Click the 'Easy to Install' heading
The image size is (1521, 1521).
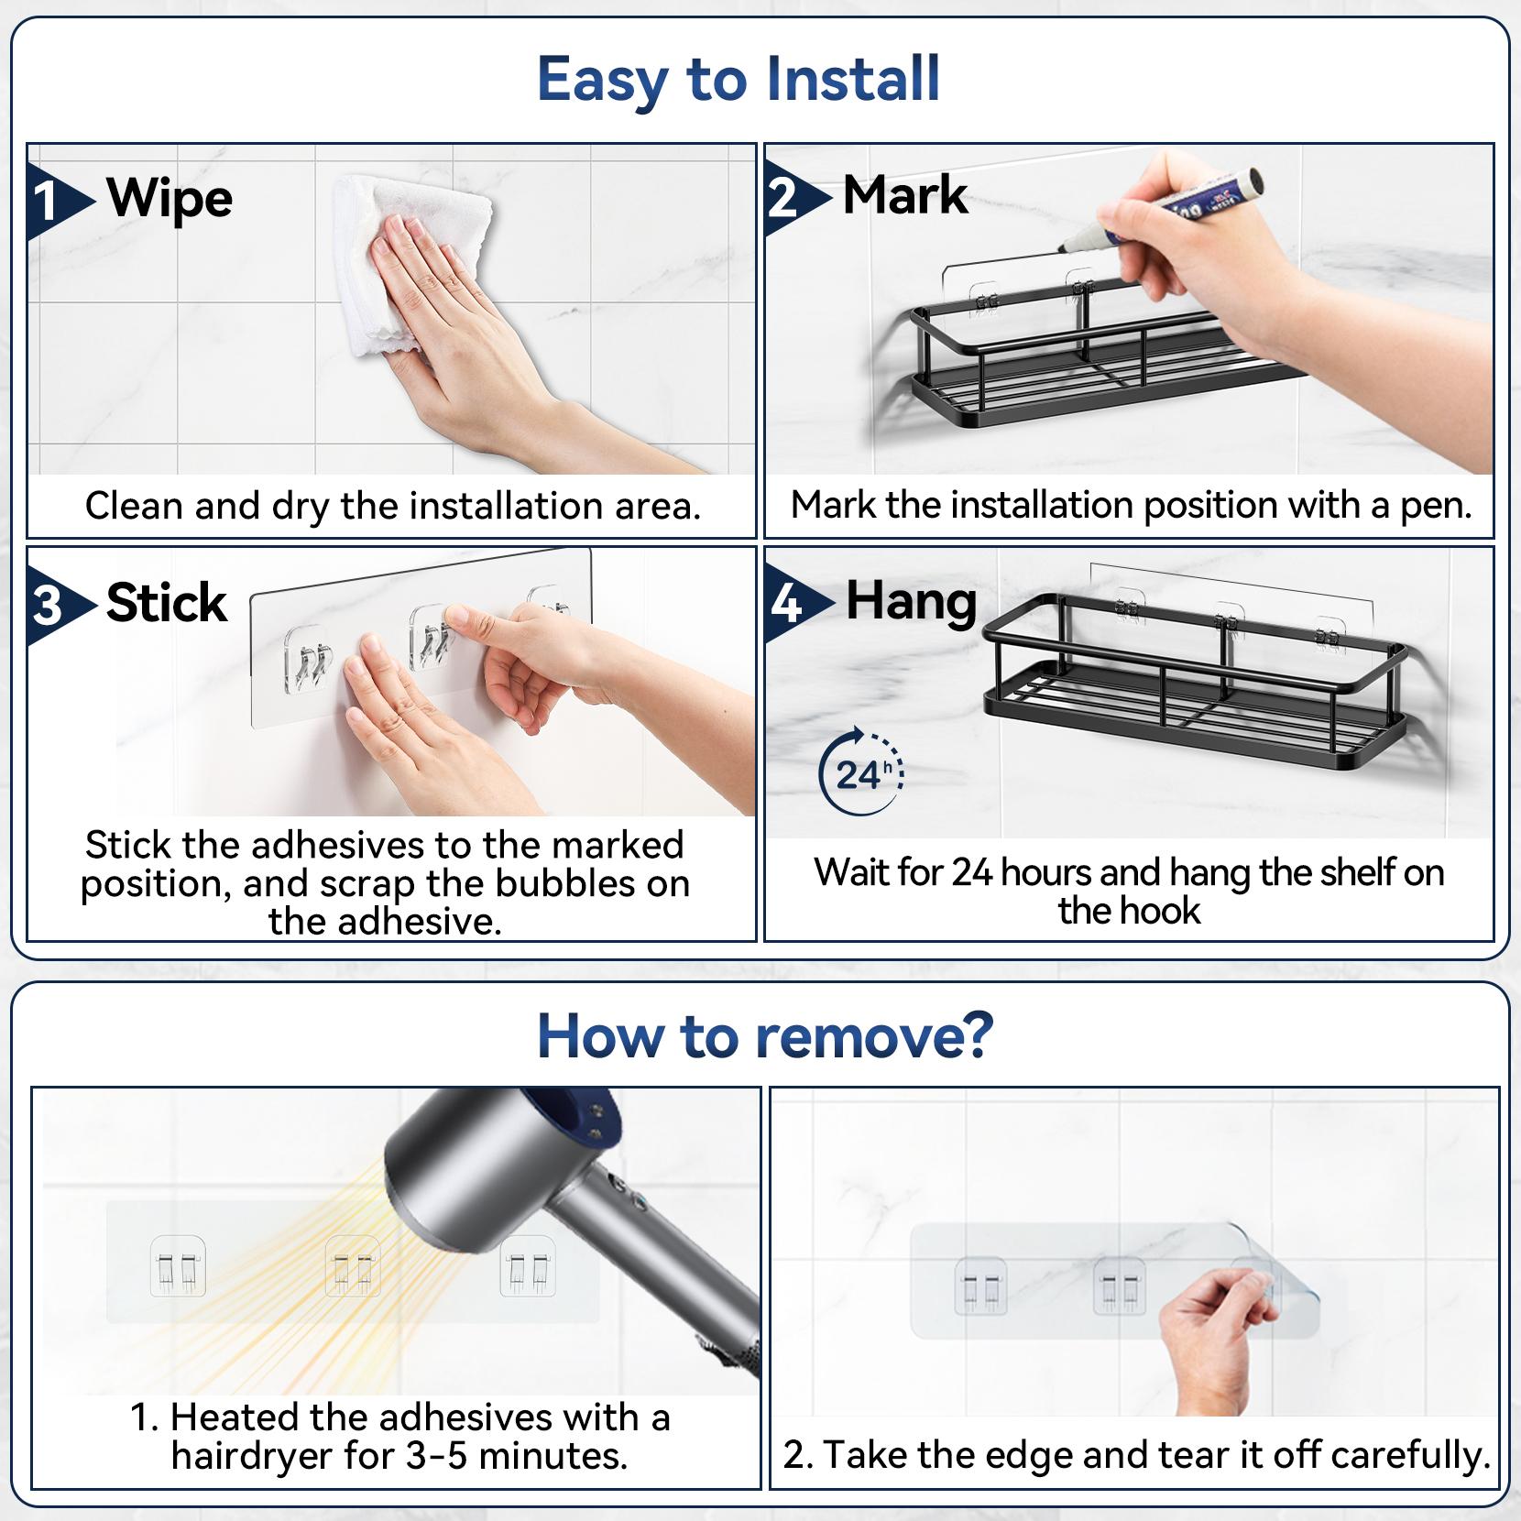[x=739, y=79]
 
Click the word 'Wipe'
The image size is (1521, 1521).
[x=170, y=199]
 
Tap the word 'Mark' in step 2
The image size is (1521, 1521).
[x=905, y=195]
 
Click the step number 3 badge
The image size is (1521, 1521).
[x=47, y=606]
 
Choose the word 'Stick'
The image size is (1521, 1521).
[x=166, y=603]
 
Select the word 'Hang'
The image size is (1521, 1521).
[x=911, y=602]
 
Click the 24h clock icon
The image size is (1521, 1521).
[x=860, y=772]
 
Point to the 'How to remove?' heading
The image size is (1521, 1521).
[x=764, y=1036]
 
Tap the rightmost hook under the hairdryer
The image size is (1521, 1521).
[x=528, y=1271]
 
